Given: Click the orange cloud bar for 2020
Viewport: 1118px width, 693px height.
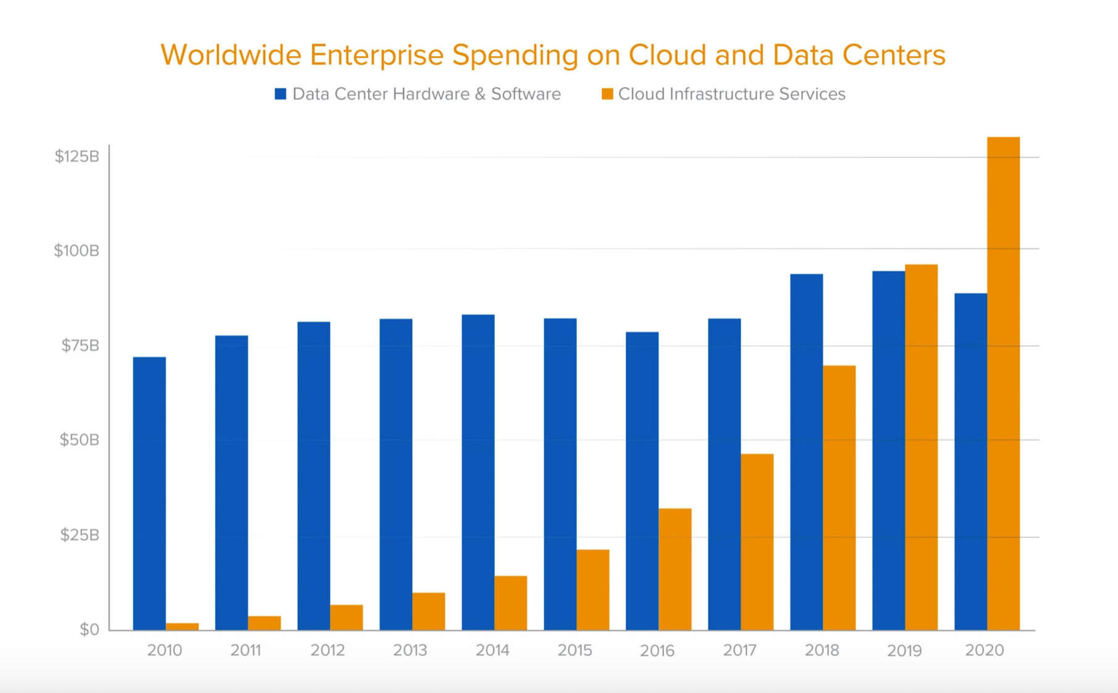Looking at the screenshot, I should click(1003, 383).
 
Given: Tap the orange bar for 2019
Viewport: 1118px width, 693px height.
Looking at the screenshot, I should click(921, 447).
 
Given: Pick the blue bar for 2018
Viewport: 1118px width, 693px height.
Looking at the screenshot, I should click(806, 451).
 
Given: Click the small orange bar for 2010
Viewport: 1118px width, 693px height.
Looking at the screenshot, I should click(182, 626).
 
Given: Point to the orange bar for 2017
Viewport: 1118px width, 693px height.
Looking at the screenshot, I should click(757, 542).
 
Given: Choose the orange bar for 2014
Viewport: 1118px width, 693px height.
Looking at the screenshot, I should click(510, 603).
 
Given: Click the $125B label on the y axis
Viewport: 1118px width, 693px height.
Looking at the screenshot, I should click(77, 156).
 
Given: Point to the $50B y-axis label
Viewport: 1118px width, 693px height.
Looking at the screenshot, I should click(79, 440).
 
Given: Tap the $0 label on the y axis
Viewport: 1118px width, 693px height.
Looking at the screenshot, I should click(89, 629).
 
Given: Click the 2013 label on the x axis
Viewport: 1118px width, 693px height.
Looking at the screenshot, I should click(410, 650).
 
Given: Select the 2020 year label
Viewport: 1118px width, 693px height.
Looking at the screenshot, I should click(985, 650).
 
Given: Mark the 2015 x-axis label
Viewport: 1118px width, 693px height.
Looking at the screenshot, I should click(574, 650).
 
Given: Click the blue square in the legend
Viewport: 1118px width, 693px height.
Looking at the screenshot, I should click(280, 94).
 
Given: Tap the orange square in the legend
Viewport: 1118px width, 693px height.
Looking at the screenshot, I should click(607, 94).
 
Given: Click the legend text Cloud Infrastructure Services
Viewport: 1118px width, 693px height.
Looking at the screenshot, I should click(731, 94).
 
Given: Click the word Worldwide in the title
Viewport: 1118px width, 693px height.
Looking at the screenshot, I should click(230, 54).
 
